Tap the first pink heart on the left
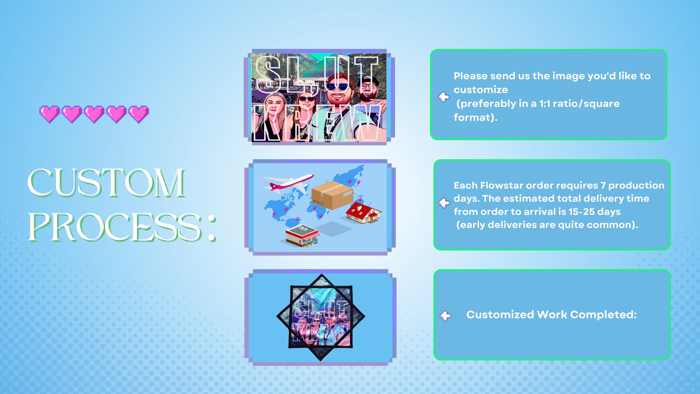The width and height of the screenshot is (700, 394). [49, 114]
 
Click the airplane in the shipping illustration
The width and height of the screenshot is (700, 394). [287, 183]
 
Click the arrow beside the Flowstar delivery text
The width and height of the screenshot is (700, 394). [444, 203]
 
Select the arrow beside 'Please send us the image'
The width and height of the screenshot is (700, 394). [444, 97]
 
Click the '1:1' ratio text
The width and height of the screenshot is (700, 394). [545, 104]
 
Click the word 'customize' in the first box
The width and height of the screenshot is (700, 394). [481, 90]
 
